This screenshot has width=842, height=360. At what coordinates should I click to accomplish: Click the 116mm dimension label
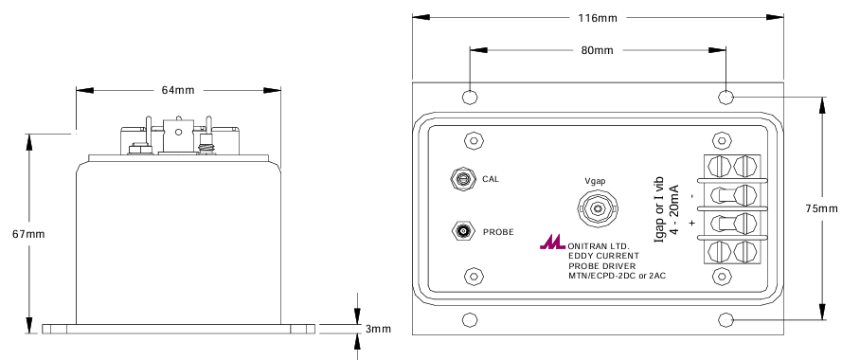pyautogui.click(x=598, y=18)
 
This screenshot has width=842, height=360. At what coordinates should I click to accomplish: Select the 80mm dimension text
pyautogui.click(x=597, y=50)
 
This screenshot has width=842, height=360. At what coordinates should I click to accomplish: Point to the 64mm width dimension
pyautogui.click(x=178, y=90)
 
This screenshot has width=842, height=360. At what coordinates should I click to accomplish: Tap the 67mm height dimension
pyautogui.click(x=28, y=234)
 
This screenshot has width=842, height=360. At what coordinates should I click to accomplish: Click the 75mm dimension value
pyautogui.click(x=821, y=208)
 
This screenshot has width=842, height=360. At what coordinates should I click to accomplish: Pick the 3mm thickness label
pyautogui.click(x=378, y=329)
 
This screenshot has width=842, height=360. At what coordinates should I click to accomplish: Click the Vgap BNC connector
pyautogui.click(x=597, y=207)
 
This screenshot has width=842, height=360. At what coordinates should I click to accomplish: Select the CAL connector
pyautogui.click(x=462, y=178)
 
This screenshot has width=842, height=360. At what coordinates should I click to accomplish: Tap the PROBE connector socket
pyautogui.click(x=462, y=231)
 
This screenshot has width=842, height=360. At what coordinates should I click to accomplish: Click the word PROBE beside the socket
pyautogui.click(x=498, y=232)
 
